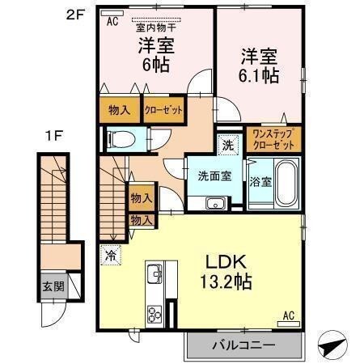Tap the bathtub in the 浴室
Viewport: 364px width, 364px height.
coord(286,183)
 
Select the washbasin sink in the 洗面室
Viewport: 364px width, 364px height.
coord(216,203)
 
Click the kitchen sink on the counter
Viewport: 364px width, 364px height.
coord(154,273)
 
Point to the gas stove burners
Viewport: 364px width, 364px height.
coord(154,315)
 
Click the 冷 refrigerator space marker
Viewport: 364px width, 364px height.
coord(111,255)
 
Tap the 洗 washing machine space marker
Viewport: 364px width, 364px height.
coord(228,145)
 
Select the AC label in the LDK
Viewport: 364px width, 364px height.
coord(289,315)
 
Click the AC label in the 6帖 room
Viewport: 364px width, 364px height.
coord(112,22)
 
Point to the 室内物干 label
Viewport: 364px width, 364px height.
coord(156,28)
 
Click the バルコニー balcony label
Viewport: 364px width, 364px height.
coord(243,345)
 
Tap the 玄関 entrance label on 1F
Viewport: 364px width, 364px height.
coord(53,286)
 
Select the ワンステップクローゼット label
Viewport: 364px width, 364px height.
coord(273,139)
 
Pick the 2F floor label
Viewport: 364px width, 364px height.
coord(75,15)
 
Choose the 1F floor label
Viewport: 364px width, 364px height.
coord(54,136)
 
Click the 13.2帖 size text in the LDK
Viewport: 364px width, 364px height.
coord(226,282)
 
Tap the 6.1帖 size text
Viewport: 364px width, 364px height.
coord(259,76)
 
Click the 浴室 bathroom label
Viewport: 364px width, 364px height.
coord(260,182)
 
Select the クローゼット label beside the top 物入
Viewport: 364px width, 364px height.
coord(163,110)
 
